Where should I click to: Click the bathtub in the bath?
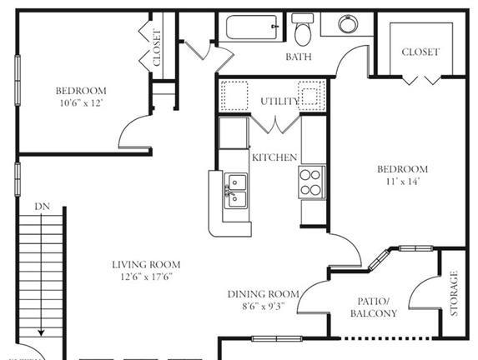[x=252, y=27]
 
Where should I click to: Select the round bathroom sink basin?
[x=348, y=24]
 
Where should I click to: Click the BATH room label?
[x=299, y=57]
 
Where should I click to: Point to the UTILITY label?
[x=279, y=101]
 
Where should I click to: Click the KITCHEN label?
[x=274, y=157]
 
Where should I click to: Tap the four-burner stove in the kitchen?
[x=311, y=182]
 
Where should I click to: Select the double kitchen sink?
[x=235, y=191]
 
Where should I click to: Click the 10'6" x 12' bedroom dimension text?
[x=81, y=103]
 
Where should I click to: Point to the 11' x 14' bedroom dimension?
[x=403, y=182]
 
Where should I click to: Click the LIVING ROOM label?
[x=146, y=264]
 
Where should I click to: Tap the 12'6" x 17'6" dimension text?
[x=147, y=277]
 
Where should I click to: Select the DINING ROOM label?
[x=264, y=294]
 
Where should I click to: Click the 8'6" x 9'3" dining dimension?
[x=264, y=306]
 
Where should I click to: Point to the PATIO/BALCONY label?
[x=374, y=307]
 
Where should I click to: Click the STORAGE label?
[x=454, y=293]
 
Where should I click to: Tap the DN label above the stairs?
[x=42, y=207]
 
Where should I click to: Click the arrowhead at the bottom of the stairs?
[x=41, y=332]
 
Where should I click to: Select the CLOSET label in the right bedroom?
[x=420, y=52]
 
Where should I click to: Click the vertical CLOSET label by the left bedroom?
[x=157, y=47]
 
